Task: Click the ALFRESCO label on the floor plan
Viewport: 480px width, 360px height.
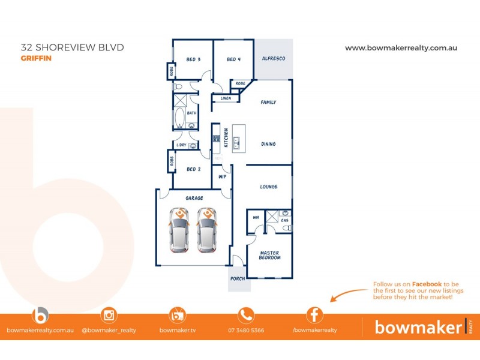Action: pos(273,59)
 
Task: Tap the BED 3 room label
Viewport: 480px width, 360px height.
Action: pos(193,59)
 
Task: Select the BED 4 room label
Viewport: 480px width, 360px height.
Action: pos(234,59)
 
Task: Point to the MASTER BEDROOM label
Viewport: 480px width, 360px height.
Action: pos(269,254)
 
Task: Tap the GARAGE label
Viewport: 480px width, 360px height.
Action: pos(194,198)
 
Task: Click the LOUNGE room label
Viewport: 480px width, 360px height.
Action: pos(268,187)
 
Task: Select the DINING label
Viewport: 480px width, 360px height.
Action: pos(268,144)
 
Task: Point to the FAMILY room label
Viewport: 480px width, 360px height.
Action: pos(268,103)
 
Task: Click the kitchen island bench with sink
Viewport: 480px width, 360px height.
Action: pos(238,138)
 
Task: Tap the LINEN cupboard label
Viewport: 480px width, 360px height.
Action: pos(226,98)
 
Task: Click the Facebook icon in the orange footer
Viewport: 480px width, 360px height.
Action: pos(315,315)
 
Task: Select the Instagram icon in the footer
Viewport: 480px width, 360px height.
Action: pos(109,315)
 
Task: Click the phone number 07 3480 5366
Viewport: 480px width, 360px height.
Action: pos(245,330)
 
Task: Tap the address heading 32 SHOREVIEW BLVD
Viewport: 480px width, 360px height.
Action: pos(72,47)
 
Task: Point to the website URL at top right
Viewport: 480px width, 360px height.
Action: pos(401,47)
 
